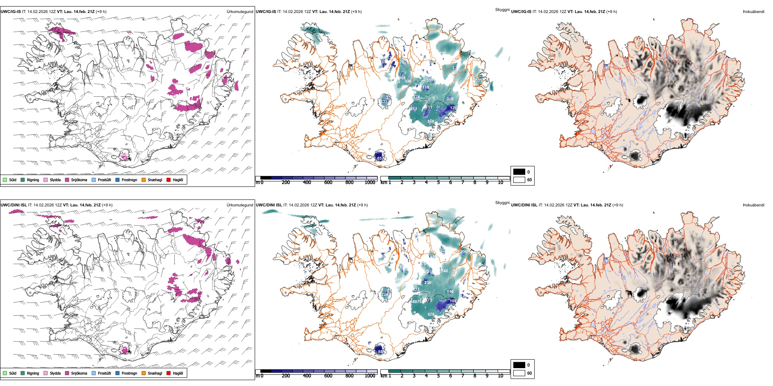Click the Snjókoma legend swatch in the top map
tap(67, 180)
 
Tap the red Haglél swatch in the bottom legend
tap(168, 373)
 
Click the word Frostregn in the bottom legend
tap(129, 373)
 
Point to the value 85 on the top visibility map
tap(380, 158)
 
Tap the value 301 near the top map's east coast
tap(478, 80)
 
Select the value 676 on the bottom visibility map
tap(431, 314)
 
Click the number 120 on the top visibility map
tap(454, 108)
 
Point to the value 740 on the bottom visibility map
tap(444, 271)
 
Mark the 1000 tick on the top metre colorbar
tap(370, 182)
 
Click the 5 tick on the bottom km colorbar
tap(439, 376)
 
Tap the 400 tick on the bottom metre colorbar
tap(307, 376)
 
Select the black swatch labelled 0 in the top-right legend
tap(519, 171)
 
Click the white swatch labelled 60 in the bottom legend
tap(519, 373)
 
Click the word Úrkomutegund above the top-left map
tap(240, 12)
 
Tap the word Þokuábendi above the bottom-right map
tap(753, 205)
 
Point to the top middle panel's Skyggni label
tap(502, 10)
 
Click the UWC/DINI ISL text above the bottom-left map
tap(13, 205)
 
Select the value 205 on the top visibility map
tap(450, 99)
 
